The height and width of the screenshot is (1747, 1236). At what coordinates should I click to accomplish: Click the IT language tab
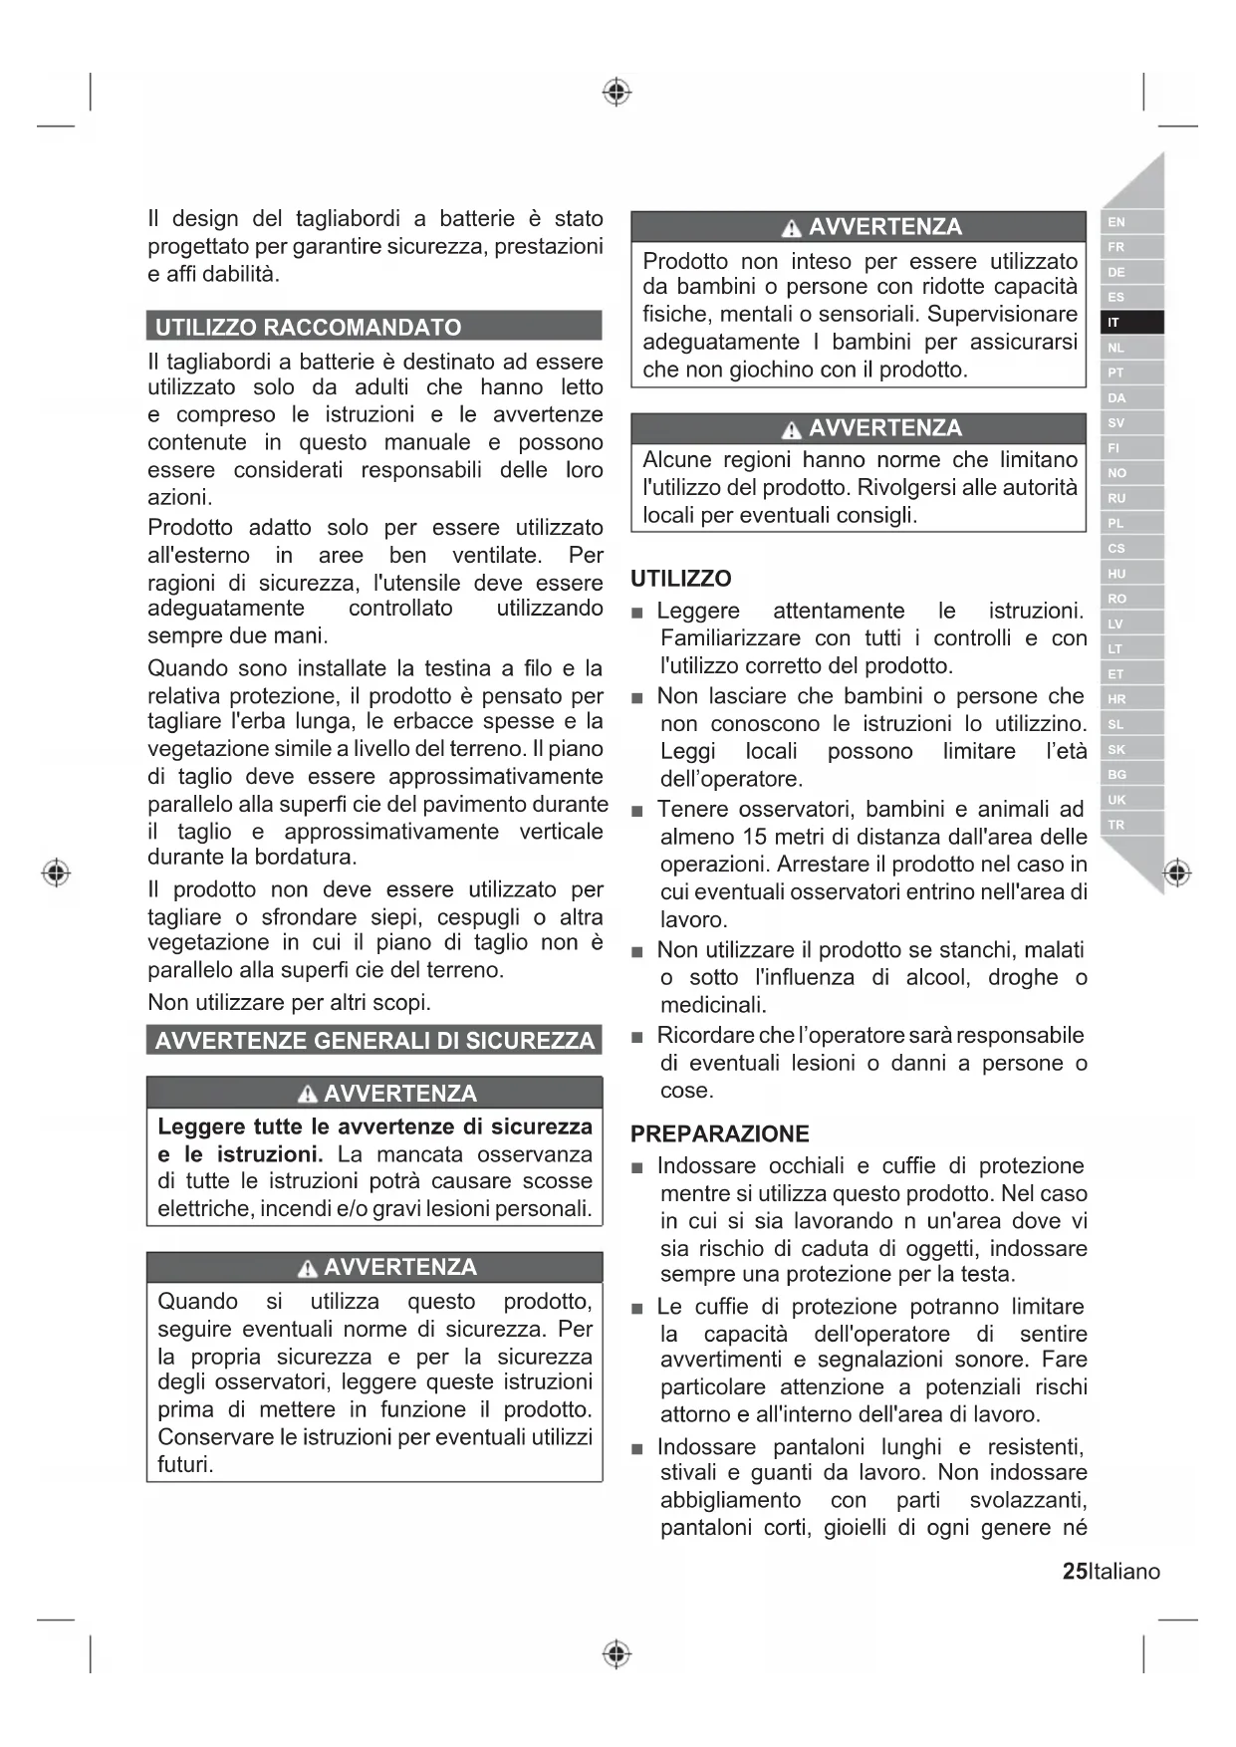pyautogui.click(x=1114, y=323)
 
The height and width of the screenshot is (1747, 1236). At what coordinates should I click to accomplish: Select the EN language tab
pyautogui.click(x=1115, y=222)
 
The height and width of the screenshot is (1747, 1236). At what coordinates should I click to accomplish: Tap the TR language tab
pyautogui.click(x=1115, y=825)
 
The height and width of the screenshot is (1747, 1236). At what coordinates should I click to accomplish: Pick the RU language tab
pyautogui.click(x=1116, y=498)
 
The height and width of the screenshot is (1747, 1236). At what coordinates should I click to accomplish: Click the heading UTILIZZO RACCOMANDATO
pyautogui.click(x=308, y=327)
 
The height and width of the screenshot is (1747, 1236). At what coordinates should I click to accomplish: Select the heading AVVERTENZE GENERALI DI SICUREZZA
pyautogui.click(x=374, y=1041)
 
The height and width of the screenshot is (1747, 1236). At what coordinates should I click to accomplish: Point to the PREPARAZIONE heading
pyautogui.click(x=719, y=1133)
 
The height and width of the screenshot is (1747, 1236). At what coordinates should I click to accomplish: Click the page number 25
pyautogui.click(x=1075, y=1572)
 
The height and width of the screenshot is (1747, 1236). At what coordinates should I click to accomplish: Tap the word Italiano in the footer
pyautogui.click(x=1124, y=1572)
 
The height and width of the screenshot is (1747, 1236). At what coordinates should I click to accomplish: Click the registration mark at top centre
pyautogui.click(x=617, y=93)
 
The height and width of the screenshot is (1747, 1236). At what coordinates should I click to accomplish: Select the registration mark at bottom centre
pyautogui.click(x=617, y=1654)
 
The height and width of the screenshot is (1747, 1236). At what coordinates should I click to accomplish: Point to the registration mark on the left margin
pyautogui.click(x=56, y=873)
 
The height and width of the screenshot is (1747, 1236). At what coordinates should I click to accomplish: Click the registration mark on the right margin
pyautogui.click(x=1177, y=873)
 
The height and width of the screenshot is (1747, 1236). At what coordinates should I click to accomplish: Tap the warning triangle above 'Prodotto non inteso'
pyautogui.click(x=791, y=229)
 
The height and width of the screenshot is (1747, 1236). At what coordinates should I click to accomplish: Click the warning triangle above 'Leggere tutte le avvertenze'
pyautogui.click(x=307, y=1096)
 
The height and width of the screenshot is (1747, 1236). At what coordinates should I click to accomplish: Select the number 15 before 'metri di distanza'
pyautogui.click(x=754, y=837)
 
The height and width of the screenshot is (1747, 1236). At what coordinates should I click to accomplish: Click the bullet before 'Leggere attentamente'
pyautogui.click(x=637, y=613)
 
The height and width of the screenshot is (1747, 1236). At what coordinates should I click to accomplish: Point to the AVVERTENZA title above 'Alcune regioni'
pyautogui.click(x=884, y=428)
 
